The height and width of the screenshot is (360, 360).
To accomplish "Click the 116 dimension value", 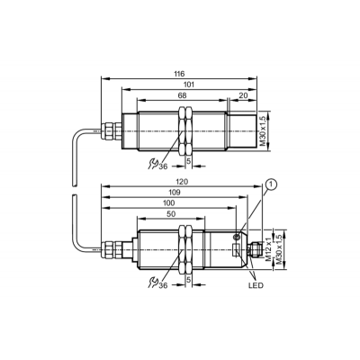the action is click(x=180, y=74).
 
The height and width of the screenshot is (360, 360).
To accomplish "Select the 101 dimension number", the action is click(x=189, y=85).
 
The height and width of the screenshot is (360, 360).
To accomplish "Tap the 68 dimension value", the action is click(x=182, y=95).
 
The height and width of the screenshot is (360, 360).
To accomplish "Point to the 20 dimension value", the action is click(x=244, y=95).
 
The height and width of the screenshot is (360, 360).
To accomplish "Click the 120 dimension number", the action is click(x=182, y=182).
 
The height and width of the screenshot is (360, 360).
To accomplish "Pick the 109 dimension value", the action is click(x=175, y=193).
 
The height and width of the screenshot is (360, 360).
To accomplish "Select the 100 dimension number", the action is click(x=168, y=203).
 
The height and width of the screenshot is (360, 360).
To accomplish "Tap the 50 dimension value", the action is click(x=171, y=213).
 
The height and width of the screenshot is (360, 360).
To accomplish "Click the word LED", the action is click(x=256, y=285).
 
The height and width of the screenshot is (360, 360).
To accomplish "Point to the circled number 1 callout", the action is click(x=271, y=184).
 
